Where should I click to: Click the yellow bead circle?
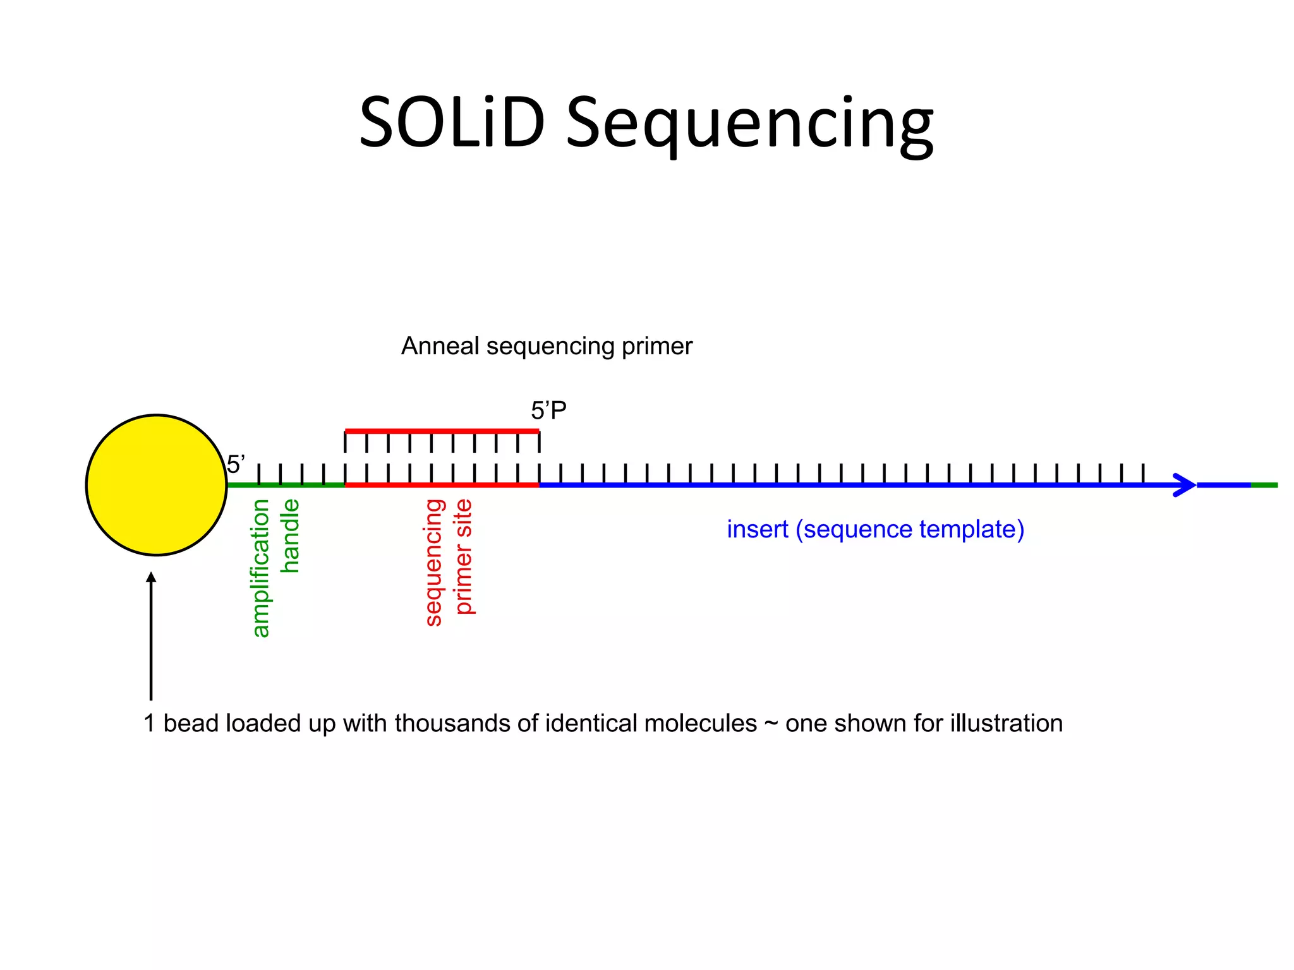156,485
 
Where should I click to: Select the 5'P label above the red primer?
548,411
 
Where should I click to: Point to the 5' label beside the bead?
236,465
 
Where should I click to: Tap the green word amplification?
260,568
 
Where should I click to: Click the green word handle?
289,536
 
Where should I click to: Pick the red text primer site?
463,556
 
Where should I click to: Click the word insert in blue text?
757,529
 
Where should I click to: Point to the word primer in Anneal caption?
657,346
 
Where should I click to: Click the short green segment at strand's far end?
1264,485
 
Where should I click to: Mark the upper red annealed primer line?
442,431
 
